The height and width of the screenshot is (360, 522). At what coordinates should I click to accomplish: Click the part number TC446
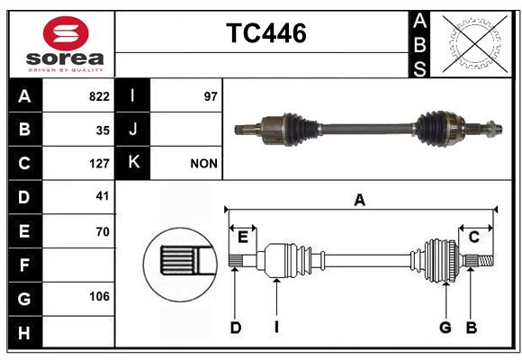click(265, 33)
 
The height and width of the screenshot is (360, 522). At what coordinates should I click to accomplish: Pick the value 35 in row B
click(103, 130)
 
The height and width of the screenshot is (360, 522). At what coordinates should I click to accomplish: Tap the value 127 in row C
click(99, 164)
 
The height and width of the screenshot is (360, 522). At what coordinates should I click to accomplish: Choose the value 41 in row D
click(103, 196)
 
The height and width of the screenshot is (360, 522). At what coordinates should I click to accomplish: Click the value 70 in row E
click(103, 231)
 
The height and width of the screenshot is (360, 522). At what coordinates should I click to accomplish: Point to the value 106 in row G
click(99, 297)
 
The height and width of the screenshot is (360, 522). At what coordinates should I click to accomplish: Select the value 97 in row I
click(211, 96)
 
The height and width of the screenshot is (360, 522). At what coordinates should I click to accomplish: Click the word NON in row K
click(203, 164)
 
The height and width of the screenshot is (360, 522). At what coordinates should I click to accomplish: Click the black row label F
click(24, 265)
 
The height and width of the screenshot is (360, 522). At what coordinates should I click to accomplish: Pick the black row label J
click(133, 130)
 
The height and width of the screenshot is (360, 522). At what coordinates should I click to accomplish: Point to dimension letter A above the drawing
click(359, 200)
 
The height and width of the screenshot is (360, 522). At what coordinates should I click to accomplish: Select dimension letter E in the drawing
click(242, 236)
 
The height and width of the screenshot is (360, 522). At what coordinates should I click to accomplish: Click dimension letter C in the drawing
click(473, 236)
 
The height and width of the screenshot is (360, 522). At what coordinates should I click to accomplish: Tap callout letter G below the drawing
click(445, 328)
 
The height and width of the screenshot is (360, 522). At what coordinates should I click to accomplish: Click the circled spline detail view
click(177, 262)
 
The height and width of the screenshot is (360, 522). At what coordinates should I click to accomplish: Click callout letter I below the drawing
click(276, 328)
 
